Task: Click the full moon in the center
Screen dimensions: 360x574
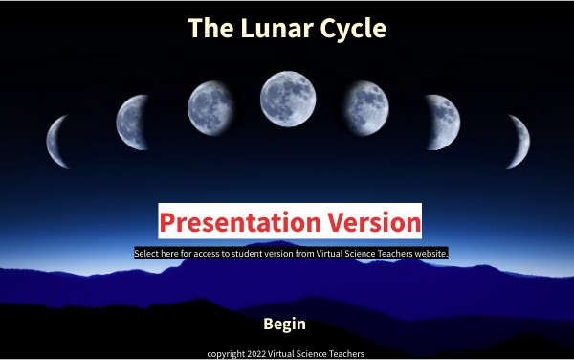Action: tap(287, 98)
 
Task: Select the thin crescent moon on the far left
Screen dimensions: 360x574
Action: tap(59, 140)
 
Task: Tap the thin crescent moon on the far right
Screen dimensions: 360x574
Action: tap(518, 140)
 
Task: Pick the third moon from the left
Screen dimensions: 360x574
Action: tap(211, 105)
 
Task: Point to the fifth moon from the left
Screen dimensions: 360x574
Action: tap(366, 105)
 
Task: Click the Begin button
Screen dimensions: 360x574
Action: tap(284, 325)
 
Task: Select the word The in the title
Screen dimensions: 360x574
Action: tap(206, 28)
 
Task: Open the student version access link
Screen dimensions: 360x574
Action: tap(291, 254)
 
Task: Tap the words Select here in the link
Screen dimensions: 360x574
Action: tap(157, 254)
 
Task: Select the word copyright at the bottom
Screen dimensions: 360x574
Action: tap(226, 353)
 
